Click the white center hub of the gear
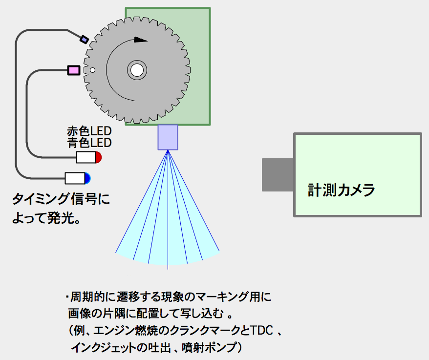[137, 70]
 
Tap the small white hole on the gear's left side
[92, 70]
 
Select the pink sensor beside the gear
[73, 71]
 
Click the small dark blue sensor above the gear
[84, 39]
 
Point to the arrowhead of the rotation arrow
[141, 40]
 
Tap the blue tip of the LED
[87, 178]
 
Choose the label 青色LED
[89, 143]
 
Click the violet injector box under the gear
[168, 137]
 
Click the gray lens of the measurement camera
[278, 174]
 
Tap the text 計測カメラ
[341, 190]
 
